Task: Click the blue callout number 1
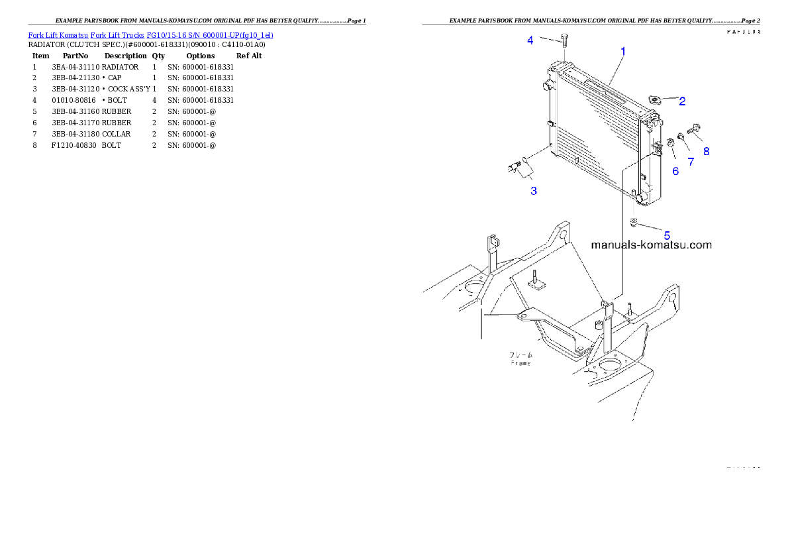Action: [x=622, y=50]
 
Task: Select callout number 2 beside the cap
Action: [x=681, y=101]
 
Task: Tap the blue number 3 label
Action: [x=533, y=191]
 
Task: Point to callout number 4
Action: [x=530, y=40]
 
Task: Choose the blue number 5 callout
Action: [x=667, y=235]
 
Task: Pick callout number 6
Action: [x=675, y=171]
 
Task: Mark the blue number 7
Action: [x=691, y=161]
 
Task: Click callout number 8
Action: [x=706, y=151]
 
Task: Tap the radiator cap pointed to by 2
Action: [x=655, y=100]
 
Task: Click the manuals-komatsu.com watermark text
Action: [x=651, y=245]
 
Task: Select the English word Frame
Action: [x=520, y=363]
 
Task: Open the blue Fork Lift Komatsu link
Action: [x=150, y=34]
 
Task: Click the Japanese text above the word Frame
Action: [x=520, y=355]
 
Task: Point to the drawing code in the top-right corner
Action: [x=743, y=31]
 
